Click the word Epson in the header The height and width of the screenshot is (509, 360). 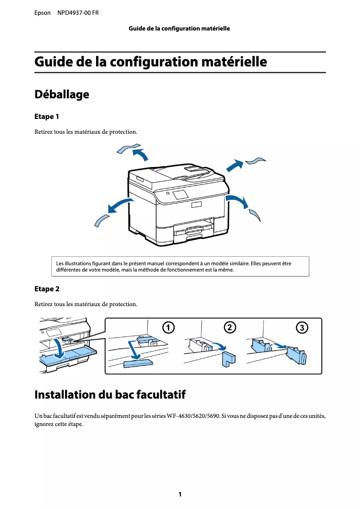(43, 13)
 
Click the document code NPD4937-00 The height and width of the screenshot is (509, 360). (73, 13)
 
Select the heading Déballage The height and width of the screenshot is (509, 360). (61, 95)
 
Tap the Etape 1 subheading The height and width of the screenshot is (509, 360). (47, 117)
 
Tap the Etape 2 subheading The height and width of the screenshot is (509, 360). (47, 289)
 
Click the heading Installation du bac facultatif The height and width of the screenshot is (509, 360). (110, 395)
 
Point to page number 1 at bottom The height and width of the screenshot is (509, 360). (180, 494)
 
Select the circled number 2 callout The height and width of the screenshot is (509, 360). (230, 328)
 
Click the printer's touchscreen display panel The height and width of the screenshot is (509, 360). (180, 195)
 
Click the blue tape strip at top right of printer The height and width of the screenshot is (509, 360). (255, 161)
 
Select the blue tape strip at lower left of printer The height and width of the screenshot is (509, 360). (101, 220)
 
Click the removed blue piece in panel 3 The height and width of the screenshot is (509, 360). (296, 355)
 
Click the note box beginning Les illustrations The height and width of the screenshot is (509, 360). (180, 267)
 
